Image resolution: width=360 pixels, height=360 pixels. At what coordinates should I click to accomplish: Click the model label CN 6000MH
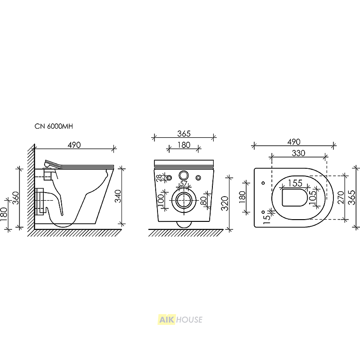point(54,126)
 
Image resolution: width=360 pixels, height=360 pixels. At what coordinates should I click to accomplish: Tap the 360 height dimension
point(16,198)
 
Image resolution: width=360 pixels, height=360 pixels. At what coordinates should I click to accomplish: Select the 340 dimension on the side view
point(118,196)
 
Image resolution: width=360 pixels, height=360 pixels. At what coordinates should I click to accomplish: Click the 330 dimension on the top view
point(298,153)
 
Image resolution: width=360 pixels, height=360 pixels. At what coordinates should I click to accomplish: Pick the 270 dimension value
point(342,198)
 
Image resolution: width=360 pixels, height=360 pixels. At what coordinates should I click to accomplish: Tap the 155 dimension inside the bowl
point(295,183)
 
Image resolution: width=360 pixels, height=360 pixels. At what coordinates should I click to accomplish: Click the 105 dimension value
point(313,197)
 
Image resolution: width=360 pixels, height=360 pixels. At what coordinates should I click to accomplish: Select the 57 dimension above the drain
point(184,184)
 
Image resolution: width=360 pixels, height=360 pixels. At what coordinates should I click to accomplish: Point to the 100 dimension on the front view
point(161,200)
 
